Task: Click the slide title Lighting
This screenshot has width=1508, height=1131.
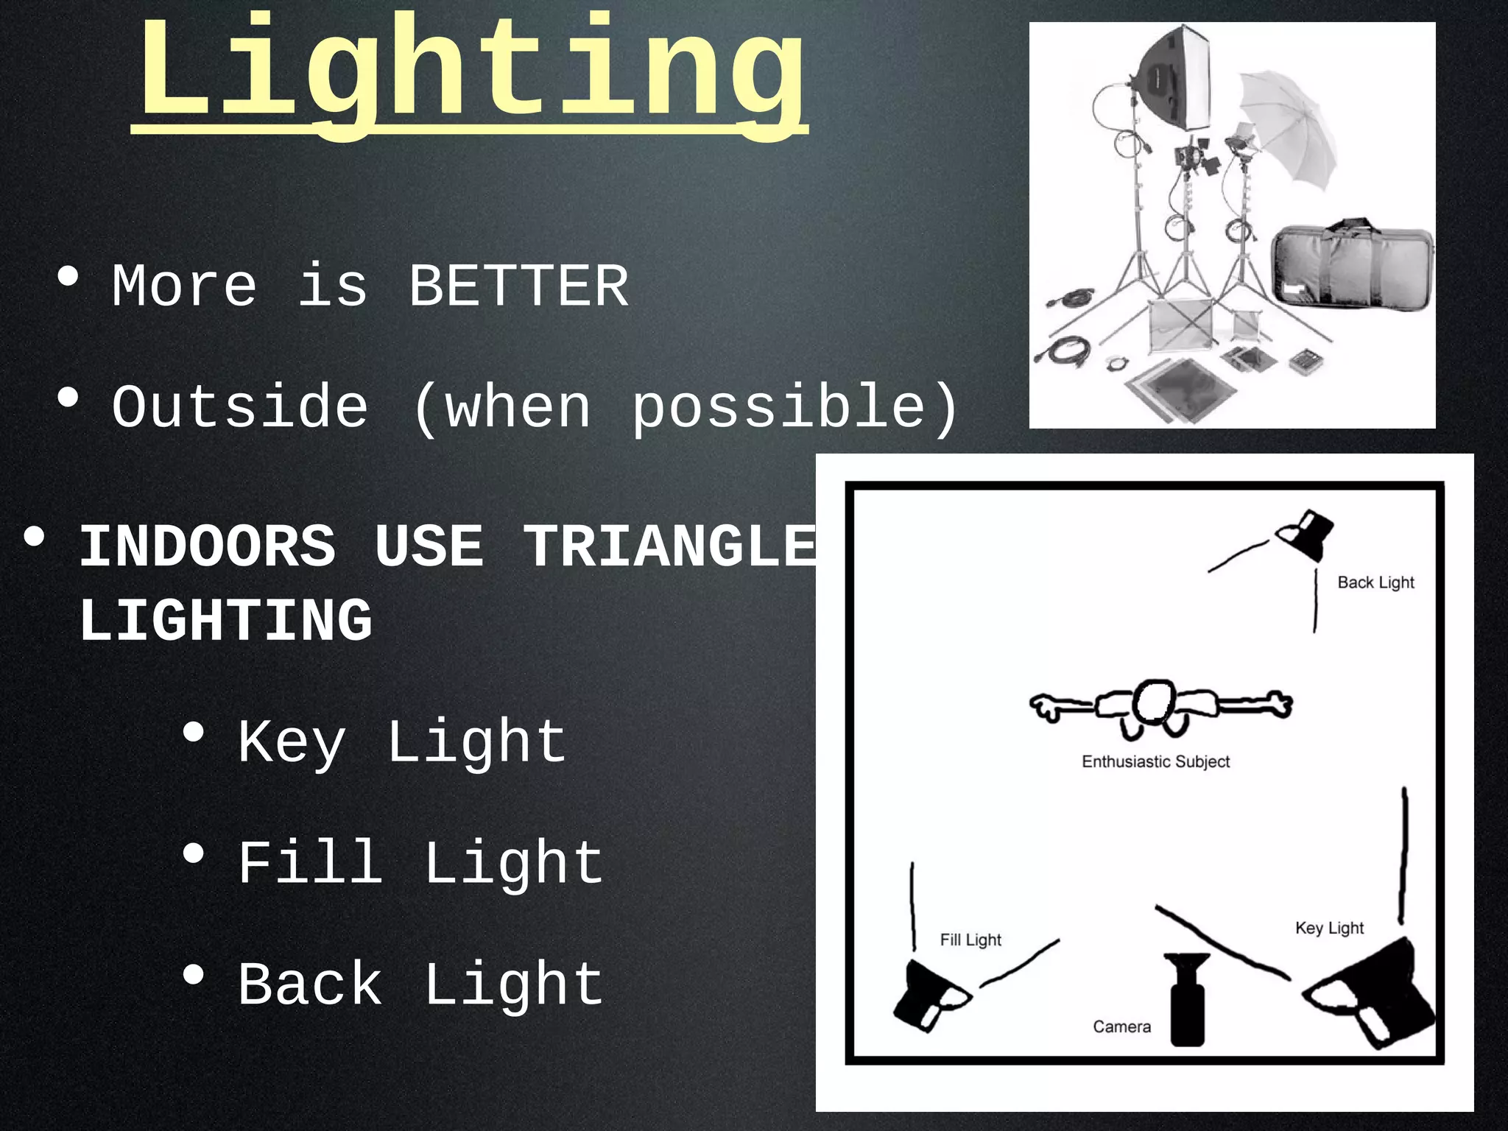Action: click(x=471, y=70)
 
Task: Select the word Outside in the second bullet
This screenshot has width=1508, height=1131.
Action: click(x=240, y=406)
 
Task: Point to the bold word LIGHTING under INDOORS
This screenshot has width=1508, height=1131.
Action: click(x=225, y=620)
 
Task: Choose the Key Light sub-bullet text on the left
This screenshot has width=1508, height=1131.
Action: click(x=401, y=742)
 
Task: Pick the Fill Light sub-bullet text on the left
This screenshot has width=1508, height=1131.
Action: click(x=420, y=863)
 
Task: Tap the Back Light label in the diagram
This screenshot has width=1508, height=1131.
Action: click(x=1375, y=582)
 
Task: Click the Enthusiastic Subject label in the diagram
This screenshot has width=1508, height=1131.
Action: click(x=1155, y=761)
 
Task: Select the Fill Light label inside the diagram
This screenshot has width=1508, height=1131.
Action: click(x=970, y=940)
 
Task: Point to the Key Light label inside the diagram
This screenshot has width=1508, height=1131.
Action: click(x=1329, y=928)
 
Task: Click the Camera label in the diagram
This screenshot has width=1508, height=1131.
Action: click(x=1121, y=1026)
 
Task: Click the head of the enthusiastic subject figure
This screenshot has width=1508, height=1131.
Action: click(x=1152, y=702)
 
